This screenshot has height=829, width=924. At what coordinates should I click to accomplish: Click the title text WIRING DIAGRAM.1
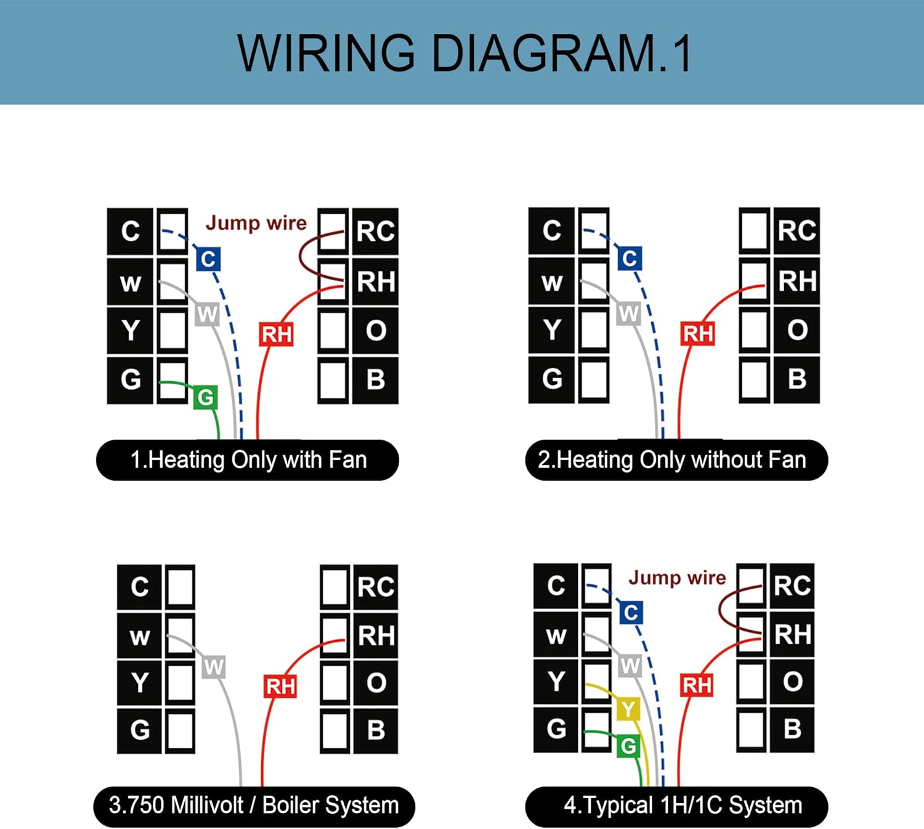point(464,54)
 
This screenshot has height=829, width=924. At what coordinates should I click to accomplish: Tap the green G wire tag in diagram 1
point(205,397)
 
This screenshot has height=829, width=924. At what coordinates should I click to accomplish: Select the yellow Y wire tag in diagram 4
point(628,709)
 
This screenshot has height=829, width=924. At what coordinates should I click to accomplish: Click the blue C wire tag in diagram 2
point(630,259)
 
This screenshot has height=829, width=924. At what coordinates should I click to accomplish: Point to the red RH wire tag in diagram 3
point(280,686)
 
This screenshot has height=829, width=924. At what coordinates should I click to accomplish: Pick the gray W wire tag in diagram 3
point(213,667)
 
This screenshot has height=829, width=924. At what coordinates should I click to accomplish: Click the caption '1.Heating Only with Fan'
point(248,459)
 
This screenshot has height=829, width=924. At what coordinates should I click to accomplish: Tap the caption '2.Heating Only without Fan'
point(676,459)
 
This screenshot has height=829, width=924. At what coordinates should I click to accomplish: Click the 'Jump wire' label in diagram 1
point(256,224)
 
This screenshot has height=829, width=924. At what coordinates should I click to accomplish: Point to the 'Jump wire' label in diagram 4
point(677,578)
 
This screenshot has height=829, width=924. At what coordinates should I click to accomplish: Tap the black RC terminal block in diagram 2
point(796,231)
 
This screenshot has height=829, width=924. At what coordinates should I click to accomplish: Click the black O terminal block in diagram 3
point(376,682)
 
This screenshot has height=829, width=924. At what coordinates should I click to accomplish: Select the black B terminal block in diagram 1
point(375,380)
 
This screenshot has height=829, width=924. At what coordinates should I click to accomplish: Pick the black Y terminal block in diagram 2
point(551,330)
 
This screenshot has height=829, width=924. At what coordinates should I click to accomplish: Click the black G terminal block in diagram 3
point(140,730)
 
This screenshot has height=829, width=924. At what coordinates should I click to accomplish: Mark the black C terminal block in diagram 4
point(556,586)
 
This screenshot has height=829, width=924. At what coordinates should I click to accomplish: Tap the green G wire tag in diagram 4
point(628,746)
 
